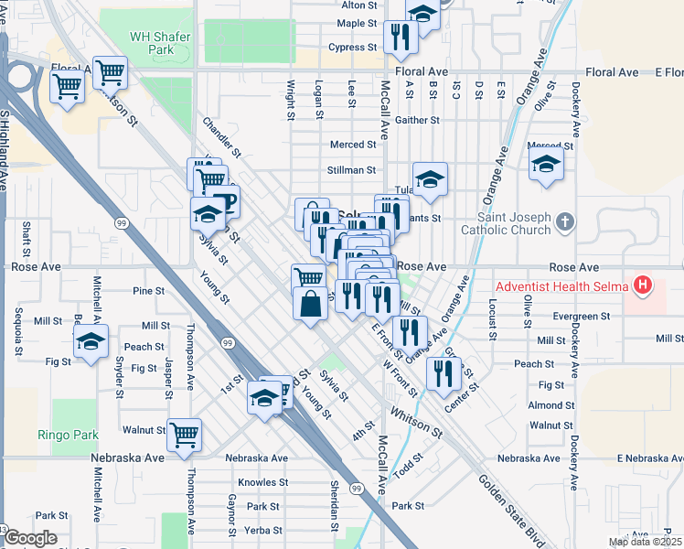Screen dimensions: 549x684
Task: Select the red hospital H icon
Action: [x=645, y=286]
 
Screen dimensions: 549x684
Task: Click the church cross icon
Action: [x=566, y=221]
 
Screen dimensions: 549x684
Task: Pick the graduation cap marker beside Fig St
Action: [x=91, y=343]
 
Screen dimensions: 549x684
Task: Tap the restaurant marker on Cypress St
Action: [x=400, y=37]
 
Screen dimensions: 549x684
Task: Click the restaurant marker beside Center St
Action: [x=444, y=371]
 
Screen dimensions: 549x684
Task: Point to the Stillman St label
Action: [x=351, y=170]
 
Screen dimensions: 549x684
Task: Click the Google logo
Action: [x=30, y=538]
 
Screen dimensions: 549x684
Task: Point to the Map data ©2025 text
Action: [x=645, y=542]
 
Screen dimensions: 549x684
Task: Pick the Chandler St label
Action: [x=222, y=136]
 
